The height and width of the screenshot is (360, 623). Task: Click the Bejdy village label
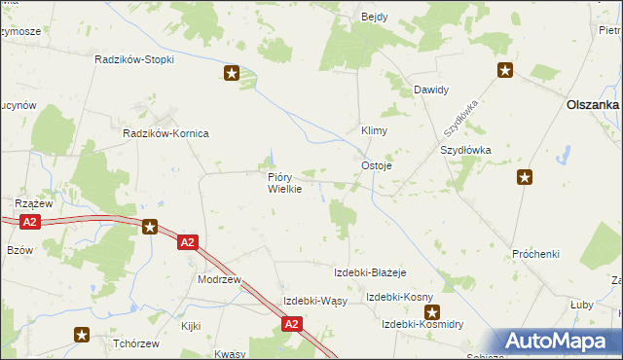[375, 17]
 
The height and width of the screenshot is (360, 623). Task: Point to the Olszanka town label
[593, 105]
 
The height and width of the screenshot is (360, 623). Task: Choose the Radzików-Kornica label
[165, 133]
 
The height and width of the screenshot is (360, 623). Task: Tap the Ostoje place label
[377, 166]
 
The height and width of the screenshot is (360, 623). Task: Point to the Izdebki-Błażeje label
[369, 272]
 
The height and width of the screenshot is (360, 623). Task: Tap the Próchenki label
[535, 254]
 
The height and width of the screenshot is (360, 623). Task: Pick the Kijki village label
[190, 326]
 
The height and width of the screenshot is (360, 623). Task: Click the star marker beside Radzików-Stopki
[232, 72]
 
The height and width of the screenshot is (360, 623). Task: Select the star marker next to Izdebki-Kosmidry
[430, 312]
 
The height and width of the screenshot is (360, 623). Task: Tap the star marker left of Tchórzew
[82, 335]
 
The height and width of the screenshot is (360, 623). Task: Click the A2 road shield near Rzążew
[30, 223]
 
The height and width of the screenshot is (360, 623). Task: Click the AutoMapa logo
[560, 341]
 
